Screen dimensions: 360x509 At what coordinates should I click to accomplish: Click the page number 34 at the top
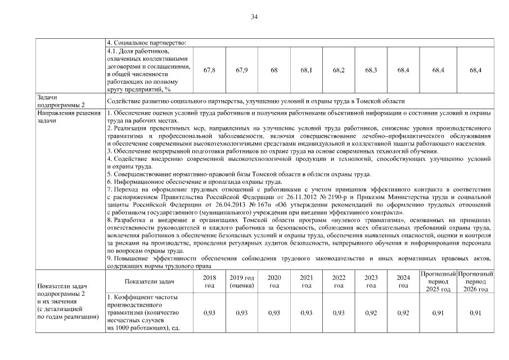(x=254, y=17)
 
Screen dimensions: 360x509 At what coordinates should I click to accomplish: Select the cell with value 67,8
(x=209, y=70)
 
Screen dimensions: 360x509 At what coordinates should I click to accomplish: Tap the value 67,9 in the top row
(x=242, y=70)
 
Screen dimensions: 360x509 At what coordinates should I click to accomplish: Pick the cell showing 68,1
(x=307, y=70)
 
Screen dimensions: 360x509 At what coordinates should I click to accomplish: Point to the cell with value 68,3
(x=371, y=70)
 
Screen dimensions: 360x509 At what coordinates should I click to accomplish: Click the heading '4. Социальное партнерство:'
(x=146, y=43)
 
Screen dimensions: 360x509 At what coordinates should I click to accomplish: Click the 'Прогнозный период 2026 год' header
(x=475, y=281)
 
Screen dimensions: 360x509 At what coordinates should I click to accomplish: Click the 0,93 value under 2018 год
(x=209, y=312)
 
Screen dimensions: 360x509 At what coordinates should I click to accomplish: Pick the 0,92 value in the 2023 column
(x=371, y=312)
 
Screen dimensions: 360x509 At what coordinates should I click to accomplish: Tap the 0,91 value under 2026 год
(x=475, y=312)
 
